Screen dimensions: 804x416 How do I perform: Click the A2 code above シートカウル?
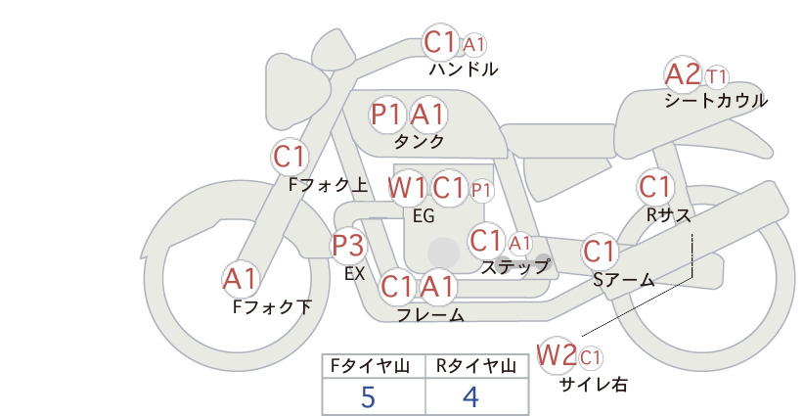point(682,74)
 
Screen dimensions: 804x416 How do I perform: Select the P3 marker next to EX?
point(348,246)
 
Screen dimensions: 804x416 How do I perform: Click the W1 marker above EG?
point(407,188)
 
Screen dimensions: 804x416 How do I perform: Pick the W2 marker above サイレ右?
point(557,354)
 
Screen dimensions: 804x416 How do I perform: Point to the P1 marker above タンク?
point(387,114)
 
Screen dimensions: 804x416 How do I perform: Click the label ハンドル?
point(463,69)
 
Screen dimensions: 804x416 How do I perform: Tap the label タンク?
point(419,141)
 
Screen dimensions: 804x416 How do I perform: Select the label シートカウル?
point(716,101)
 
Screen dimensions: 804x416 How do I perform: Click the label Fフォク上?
point(329,185)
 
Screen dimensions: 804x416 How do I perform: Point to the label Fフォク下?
point(272,306)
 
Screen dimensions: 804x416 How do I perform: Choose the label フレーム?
point(430,315)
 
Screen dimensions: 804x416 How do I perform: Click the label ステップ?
point(514,267)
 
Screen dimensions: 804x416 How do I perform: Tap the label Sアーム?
point(624,280)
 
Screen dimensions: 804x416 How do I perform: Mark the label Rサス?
point(668,215)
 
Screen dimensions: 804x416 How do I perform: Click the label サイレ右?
point(593,385)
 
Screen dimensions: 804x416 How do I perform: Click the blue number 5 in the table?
point(368,396)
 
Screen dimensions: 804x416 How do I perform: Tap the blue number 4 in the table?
point(470,396)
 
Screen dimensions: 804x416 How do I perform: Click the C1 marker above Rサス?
point(654,187)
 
